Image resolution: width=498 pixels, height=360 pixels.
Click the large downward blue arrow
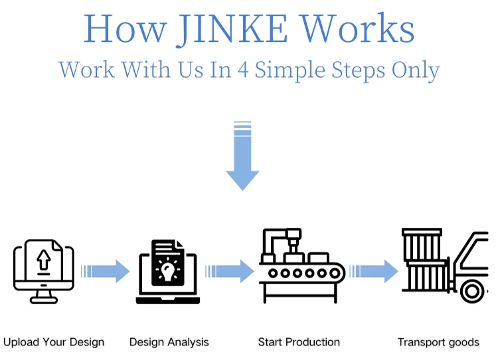[242, 156]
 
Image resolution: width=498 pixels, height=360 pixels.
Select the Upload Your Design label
[54, 343]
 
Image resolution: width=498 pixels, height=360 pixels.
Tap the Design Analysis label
[169, 343]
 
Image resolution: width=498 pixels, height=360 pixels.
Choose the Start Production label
[299, 343]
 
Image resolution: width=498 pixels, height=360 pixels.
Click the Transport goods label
[438, 343]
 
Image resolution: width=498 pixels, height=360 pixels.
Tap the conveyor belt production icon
[301, 266]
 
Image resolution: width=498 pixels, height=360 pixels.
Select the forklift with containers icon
[446, 266]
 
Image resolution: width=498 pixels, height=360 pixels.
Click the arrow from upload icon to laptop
[105, 271]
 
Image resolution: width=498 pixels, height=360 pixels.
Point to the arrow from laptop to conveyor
[230, 271]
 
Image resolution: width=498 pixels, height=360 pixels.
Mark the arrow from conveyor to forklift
[374, 271]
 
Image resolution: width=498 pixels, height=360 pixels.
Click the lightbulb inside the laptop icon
[167, 270]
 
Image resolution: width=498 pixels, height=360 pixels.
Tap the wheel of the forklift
[473, 290]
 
